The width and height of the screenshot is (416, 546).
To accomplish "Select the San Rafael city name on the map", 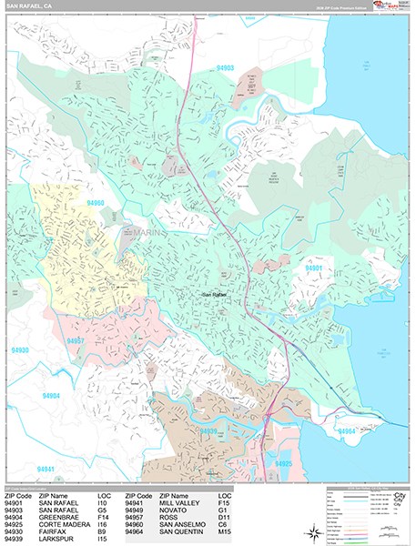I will pos(216,294).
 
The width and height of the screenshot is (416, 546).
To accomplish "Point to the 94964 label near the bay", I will pos(346,430).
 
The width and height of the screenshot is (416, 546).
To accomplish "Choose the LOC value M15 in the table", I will pos(222,533).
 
